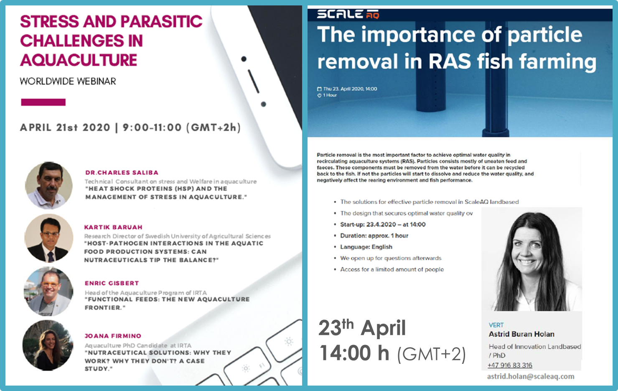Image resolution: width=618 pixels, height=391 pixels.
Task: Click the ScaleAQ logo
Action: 348,14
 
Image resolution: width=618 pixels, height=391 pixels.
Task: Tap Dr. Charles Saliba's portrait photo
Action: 49,185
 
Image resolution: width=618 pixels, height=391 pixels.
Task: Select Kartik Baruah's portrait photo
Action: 49,238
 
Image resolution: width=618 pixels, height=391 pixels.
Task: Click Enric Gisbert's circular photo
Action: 48,291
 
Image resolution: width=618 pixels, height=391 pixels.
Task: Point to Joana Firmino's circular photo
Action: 48,345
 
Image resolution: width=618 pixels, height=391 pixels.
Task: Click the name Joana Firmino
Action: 113,336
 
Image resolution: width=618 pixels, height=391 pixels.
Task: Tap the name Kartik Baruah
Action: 113,227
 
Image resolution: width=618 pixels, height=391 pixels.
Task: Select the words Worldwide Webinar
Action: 68,82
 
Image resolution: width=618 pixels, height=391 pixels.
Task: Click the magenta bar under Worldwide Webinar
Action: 43,102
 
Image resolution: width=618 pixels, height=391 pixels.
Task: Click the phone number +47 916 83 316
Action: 510,365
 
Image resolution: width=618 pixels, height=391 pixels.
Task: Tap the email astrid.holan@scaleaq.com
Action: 531,377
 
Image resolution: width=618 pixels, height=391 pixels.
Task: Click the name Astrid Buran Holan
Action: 521,334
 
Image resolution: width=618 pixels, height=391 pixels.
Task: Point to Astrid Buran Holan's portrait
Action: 532,259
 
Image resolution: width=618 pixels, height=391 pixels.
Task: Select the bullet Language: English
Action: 366,247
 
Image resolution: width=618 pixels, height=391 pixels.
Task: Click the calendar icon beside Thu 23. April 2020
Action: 319,89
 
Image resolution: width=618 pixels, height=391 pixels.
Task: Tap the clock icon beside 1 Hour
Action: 319,95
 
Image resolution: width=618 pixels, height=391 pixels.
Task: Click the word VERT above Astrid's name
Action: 496,325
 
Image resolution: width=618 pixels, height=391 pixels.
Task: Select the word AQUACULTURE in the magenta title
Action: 79,60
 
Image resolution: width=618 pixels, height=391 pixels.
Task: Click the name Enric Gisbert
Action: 112,283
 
